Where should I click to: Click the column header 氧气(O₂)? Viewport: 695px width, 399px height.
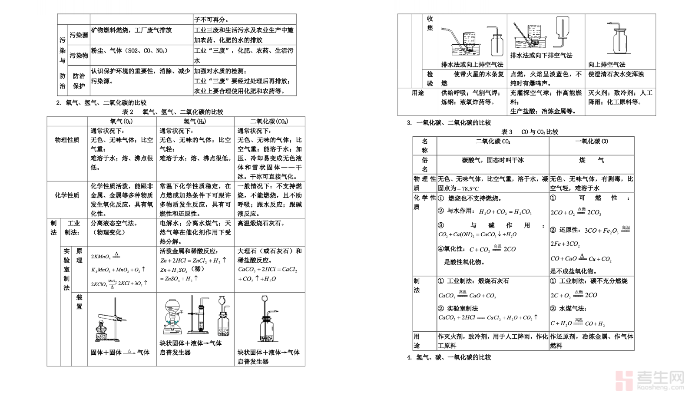(x=121, y=122)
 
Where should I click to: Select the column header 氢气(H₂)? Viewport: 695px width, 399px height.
(x=195, y=122)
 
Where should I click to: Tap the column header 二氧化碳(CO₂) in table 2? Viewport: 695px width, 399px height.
(x=269, y=122)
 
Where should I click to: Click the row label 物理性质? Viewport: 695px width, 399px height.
(x=67, y=140)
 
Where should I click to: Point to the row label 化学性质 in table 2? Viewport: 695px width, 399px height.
(x=67, y=195)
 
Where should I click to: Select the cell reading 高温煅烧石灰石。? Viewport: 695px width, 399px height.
(x=261, y=223)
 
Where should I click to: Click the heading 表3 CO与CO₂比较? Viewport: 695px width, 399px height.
(x=530, y=132)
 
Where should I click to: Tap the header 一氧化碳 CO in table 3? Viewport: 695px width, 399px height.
(x=591, y=142)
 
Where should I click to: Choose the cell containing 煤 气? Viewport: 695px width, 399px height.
(x=591, y=160)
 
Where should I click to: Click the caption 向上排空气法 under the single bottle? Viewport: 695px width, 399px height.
(x=606, y=65)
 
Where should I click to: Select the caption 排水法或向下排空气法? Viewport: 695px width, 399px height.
(x=541, y=56)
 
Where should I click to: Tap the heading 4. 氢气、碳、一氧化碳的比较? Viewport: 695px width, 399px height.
(x=449, y=357)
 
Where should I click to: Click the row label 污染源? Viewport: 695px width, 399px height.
(x=79, y=35)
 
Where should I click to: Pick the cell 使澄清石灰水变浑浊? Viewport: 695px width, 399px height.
(x=616, y=74)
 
